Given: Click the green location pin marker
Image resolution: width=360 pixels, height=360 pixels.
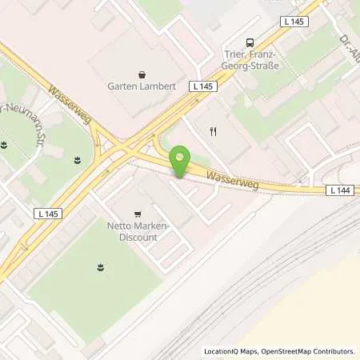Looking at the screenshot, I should pos(181,162).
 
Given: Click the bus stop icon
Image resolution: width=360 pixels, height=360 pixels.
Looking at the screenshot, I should pos(251,43).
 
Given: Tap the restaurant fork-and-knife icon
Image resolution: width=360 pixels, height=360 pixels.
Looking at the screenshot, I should pos(213,132).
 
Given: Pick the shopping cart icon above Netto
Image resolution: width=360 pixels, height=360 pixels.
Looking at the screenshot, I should pos(138,214).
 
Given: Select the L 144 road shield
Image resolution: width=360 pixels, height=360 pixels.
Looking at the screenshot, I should pos(338,190).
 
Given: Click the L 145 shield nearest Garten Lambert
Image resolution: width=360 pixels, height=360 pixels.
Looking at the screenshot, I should pos(200,85).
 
